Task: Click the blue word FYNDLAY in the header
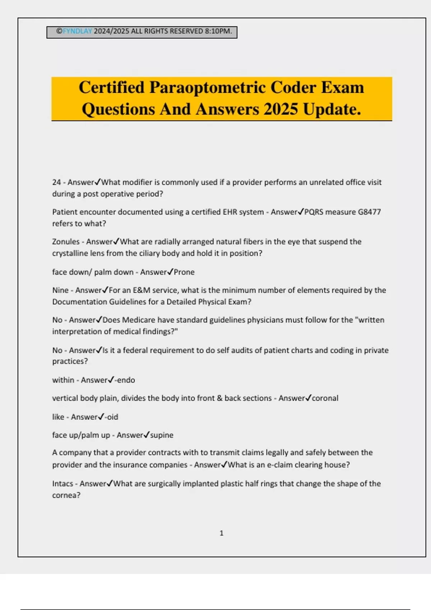point(77,31)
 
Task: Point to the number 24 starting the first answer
point(56,182)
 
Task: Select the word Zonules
point(66,242)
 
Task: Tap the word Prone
point(184,272)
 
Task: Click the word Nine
point(60,290)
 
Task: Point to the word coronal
point(325,398)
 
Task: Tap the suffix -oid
point(111,417)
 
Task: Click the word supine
point(162,435)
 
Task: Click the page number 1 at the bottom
point(221,533)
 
